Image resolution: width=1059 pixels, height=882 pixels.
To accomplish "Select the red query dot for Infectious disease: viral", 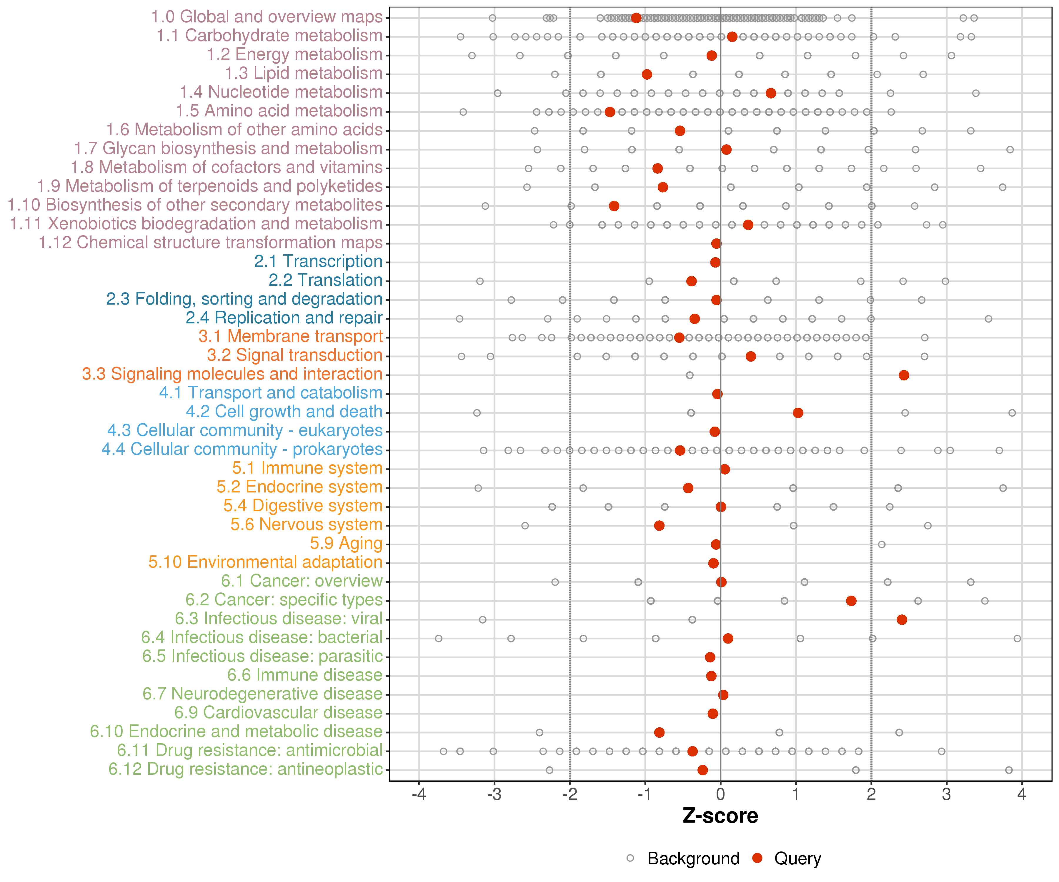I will click(x=902, y=619).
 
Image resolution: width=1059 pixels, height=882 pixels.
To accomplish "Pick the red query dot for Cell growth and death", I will click(x=798, y=413).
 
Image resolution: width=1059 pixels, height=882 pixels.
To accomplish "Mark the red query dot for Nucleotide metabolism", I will click(x=770, y=93).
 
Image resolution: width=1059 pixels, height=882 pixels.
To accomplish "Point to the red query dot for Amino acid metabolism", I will click(x=610, y=112).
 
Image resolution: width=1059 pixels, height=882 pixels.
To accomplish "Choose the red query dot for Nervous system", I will click(x=659, y=526).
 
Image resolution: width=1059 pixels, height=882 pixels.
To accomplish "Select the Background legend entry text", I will click(x=693, y=858).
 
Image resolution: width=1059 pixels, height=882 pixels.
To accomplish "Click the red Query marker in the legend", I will click(x=757, y=858).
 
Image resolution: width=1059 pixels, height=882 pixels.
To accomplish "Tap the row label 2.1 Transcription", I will click(x=318, y=262).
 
